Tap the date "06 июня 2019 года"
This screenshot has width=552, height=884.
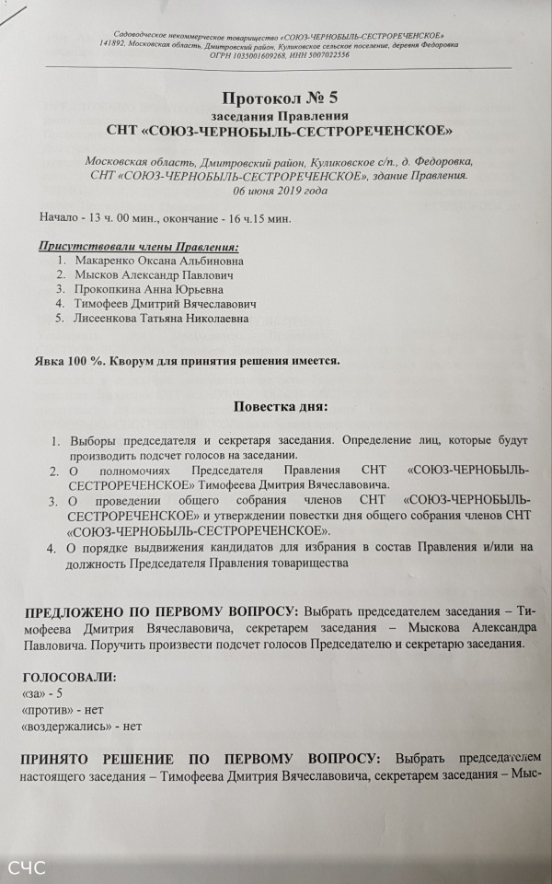[279, 191]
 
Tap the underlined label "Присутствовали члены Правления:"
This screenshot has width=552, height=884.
[138, 246]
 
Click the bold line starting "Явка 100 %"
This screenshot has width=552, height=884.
[187, 360]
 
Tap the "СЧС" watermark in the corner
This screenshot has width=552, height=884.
[27, 867]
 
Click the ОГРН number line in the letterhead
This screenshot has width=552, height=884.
[279, 54]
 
